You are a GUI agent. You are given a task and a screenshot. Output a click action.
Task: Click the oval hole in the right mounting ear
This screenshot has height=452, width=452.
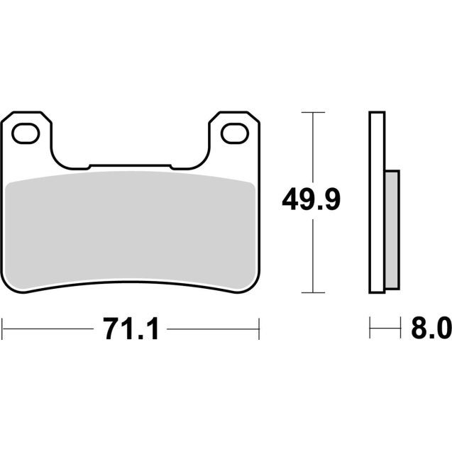(x=231, y=131)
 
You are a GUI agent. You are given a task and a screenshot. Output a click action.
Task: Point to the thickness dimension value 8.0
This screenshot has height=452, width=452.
(x=431, y=329)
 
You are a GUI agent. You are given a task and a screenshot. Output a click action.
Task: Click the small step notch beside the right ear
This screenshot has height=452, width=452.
(x=180, y=167)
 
